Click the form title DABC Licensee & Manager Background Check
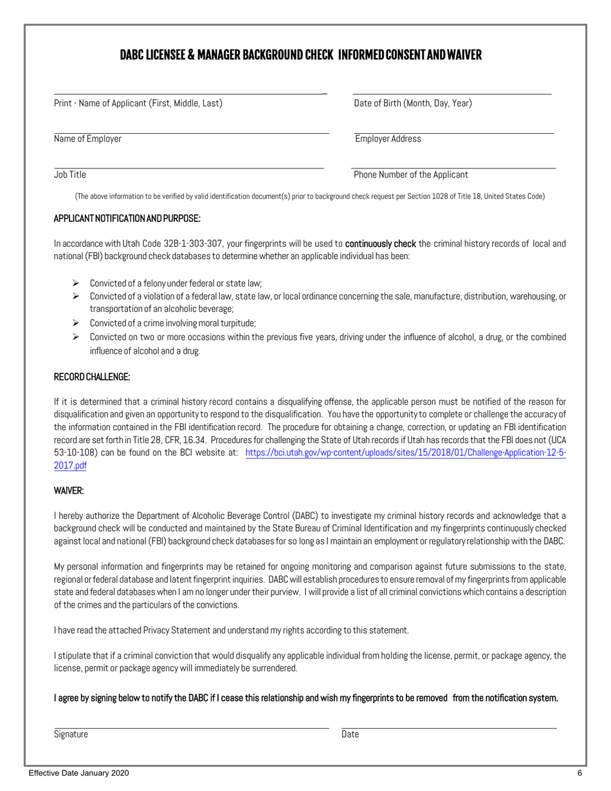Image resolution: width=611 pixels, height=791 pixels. (300, 55)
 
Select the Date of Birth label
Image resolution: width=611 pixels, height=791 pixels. (412, 104)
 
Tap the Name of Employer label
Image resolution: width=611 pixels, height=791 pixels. (87, 139)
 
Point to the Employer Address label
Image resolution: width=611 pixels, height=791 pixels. (388, 139)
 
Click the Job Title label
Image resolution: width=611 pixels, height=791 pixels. (70, 174)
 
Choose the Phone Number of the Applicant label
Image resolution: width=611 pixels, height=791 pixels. (410, 174)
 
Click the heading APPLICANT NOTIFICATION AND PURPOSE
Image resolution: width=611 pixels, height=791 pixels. (127, 219)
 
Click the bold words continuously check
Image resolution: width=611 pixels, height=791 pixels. (380, 244)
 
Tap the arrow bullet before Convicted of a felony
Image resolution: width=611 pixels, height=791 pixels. (75, 283)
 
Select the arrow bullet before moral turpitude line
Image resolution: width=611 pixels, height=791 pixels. (75, 323)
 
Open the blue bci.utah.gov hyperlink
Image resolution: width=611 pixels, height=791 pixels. (405, 452)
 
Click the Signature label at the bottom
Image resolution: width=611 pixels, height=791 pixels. (71, 734)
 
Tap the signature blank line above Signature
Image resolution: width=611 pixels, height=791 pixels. (191, 728)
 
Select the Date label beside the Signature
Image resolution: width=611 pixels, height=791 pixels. (350, 734)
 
